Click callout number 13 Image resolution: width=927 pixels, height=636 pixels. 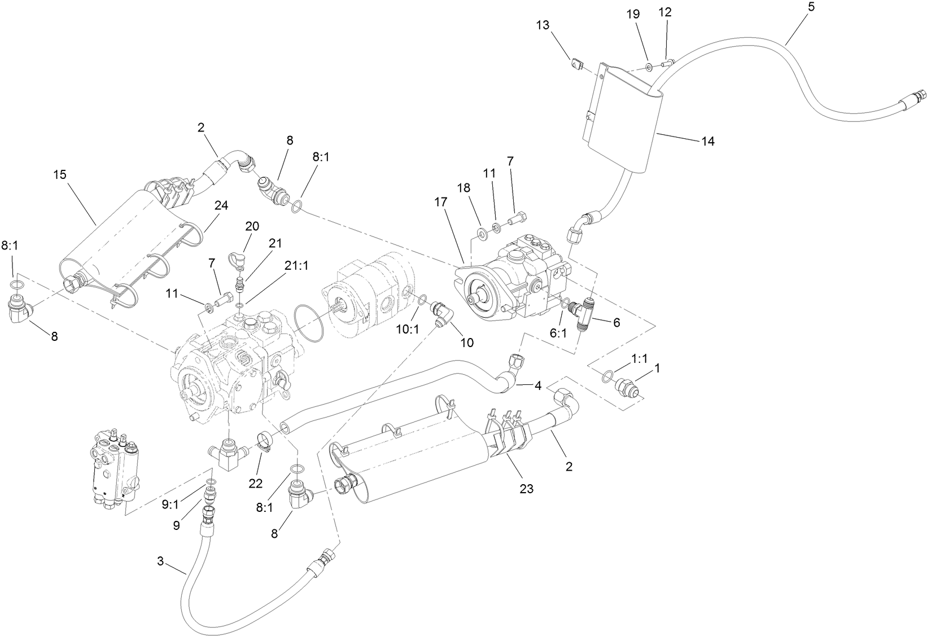543,25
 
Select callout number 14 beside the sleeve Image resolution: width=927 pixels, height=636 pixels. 707,141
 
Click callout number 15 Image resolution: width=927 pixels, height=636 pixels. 60,174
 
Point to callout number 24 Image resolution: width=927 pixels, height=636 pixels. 221,206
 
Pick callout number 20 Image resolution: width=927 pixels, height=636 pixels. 252,226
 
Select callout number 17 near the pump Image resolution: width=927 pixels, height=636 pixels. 440,201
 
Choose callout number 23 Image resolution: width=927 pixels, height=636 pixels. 526,489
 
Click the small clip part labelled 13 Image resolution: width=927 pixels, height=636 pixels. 576,65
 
